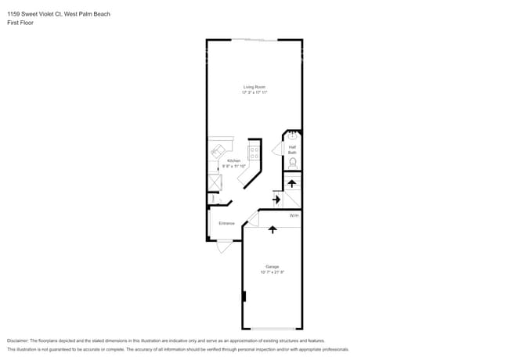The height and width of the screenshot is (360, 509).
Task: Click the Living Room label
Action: pos(254,86)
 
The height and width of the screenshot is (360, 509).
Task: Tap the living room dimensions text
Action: pos(254,92)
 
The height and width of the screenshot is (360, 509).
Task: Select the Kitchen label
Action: pos(233,160)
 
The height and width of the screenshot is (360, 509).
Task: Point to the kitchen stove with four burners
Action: pos(254,152)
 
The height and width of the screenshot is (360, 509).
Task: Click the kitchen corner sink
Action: pos(217,149)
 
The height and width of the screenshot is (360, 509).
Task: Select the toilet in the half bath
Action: pos(293,163)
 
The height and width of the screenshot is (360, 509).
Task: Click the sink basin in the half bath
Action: pos(293,135)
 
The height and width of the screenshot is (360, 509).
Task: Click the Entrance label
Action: pos(226,223)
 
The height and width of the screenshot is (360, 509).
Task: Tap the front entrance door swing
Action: pos(224,246)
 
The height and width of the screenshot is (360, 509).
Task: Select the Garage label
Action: pos(272,266)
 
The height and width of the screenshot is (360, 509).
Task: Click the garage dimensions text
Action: pos(272,272)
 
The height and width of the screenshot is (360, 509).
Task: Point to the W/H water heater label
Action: pos(294,215)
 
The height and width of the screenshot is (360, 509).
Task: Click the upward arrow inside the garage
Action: pos(272,229)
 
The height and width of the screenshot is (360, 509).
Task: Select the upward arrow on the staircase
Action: pos(292,184)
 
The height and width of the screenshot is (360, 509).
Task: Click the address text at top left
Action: pos(49,13)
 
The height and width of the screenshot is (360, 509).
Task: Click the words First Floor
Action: pos(20,23)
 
